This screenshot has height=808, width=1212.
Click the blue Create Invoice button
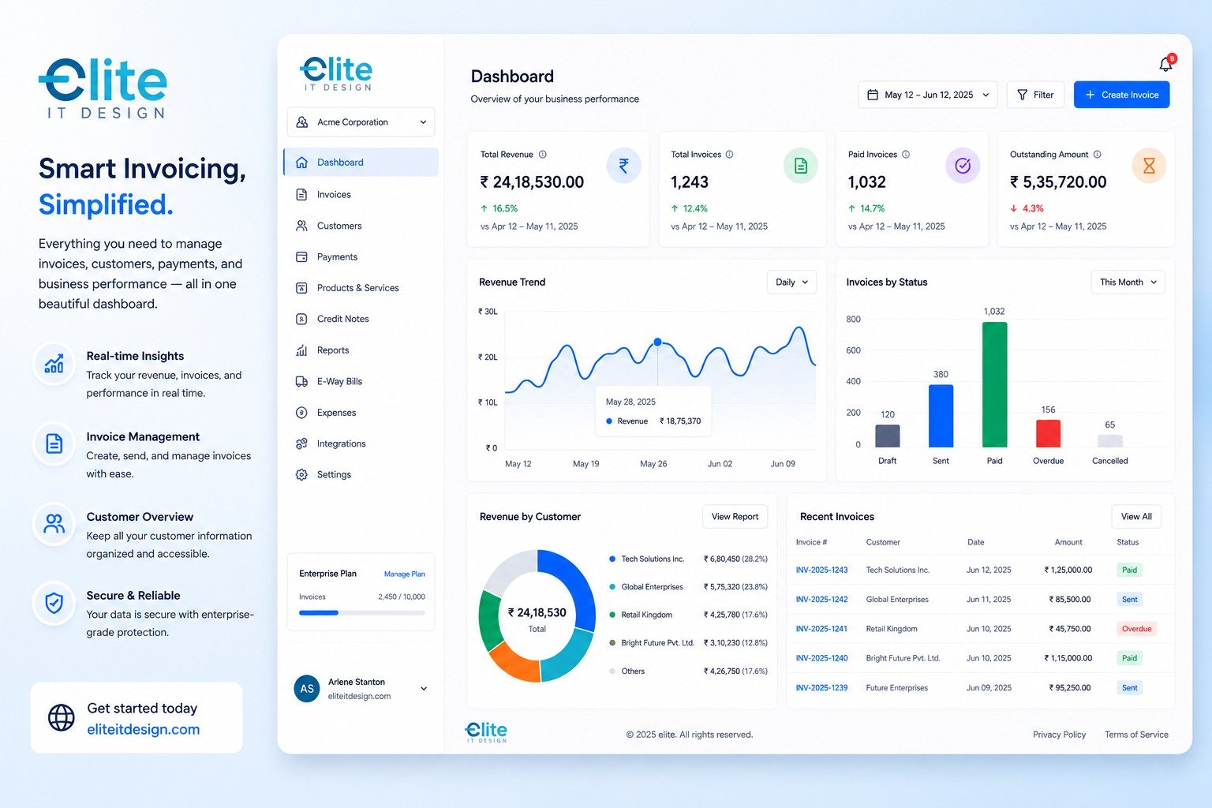pyautogui.click(x=1121, y=95)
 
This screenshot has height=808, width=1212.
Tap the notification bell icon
pyautogui.click(x=1166, y=65)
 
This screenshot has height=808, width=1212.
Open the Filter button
pyautogui.click(x=1035, y=95)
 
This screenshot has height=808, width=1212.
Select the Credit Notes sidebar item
pyautogui.click(x=342, y=319)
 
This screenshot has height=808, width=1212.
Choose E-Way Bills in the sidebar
pyautogui.click(x=339, y=381)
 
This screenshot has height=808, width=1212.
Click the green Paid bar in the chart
pyautogui.click(x=994, y=384)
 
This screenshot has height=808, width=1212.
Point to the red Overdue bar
pyautogui.click(x=1048, y=433)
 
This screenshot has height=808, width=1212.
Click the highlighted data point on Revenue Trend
pyautogui.click(x=657, y=342)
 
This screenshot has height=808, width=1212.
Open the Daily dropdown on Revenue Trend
pyautogui.click(x=791, y=282)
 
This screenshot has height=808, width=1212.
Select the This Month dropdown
pyautogui.click(x=1128, y=282)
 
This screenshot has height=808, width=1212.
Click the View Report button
pyautogui.click(x=735, y=516)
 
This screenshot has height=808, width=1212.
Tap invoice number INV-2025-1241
pyautogui.click(x=821, y=628)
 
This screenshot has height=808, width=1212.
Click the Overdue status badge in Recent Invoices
pyautogui.click(x=1136, y=628)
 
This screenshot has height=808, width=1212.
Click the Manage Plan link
pyautogui.click(x=404, y=574)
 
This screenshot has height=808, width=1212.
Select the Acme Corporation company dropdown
pyautogui.click(x=361, y=122)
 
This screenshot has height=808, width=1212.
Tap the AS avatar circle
pyautogui.click(x=307, y=688)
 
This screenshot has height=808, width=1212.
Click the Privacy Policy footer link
pyautogui.click(x=1059, y=735)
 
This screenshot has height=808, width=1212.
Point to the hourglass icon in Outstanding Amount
pyautogui.click(x=1149, y=166)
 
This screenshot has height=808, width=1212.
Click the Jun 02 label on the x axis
pyautogui.click(x=720, y=464)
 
